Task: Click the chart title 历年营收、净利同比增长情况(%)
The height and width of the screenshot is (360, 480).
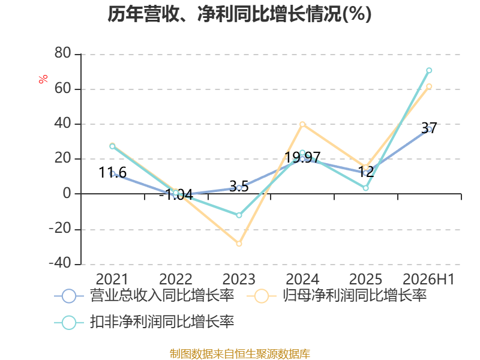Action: pyautogui.click(x=239, y=14)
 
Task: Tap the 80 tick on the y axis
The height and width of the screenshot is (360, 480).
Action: pyautogui.click(x=63, y=53)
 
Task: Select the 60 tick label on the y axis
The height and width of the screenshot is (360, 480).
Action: pyautogui.click(x=63, y=88)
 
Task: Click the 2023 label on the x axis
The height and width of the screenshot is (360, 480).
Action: pyautogui.click(x=239, y=279)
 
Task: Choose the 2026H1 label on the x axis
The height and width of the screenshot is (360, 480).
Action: pyautogui.click(x=428, y=279)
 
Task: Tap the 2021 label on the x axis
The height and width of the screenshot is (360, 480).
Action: pyautogui.click(x=112, y=279)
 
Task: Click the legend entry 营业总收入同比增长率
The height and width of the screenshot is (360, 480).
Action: pyautogui.click(x=144, y=296)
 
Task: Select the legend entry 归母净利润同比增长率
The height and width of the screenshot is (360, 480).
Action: pyautogui.click(x=337, y=296)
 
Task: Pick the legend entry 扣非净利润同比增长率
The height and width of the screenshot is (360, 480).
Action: pyautogui.click(x=144, y=322)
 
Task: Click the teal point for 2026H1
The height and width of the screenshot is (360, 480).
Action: pyautogui.click(x=429, y=70)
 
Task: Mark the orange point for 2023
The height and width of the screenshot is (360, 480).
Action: pyautogui.click(x=239, y=244)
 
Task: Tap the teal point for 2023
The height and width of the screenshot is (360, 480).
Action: pyautogui.click(x=239, y=215)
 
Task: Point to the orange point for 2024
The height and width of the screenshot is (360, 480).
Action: pyautogui.click(x=302, y=124)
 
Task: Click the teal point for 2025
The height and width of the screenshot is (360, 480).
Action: pyautogui.click(x=366, y=188)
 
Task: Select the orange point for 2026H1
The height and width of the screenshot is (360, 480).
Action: pyautogui.click(x=429, y=86)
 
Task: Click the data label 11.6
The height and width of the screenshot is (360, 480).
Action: pyautogui.click(x=112, y=173)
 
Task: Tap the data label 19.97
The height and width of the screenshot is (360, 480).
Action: pyautogui.click(x=302, y=158)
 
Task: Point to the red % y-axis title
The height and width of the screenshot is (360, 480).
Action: pyautogui.click(x=43, y=79)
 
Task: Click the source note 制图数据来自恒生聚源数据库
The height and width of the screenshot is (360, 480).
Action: pyautogui.click(x=240, y=354)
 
